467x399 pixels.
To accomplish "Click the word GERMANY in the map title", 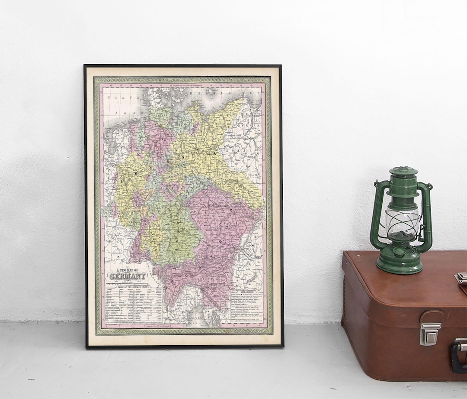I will click(128, 276).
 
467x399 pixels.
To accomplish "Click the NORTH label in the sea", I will click(118, 98).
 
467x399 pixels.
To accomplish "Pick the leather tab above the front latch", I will click(431, 318).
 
